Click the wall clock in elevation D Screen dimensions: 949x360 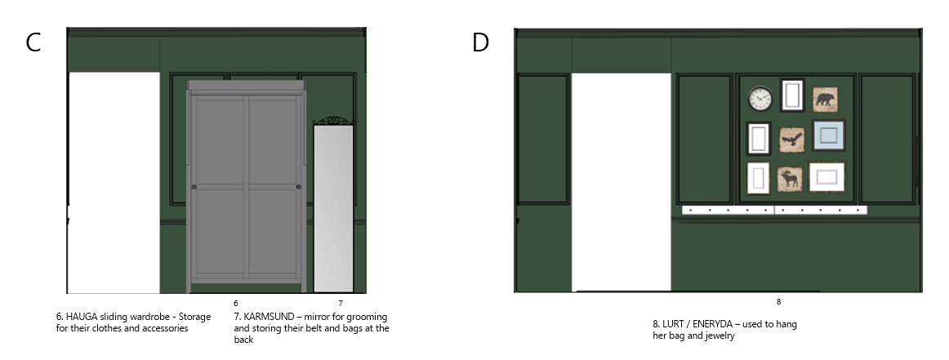pos(760,99)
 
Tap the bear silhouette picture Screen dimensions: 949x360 pos(825,100)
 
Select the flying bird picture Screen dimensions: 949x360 pos(791,140)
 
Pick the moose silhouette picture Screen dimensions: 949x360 pos(790,179)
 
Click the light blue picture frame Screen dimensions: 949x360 pos(829,136)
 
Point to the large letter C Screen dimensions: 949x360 pos(33,42)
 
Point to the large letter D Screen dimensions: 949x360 pos(480,42)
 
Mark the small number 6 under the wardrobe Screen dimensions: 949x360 pos(236,303)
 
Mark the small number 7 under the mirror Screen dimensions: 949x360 pos(341,303)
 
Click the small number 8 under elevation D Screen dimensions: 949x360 pos(778,301)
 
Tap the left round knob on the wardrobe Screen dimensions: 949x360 pos(194,187)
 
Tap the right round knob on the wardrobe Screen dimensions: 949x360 pos(298,187)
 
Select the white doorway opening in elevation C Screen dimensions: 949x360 pos(114,183)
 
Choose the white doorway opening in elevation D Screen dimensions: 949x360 pos(622,182)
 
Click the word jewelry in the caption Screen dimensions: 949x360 pos(720,336)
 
